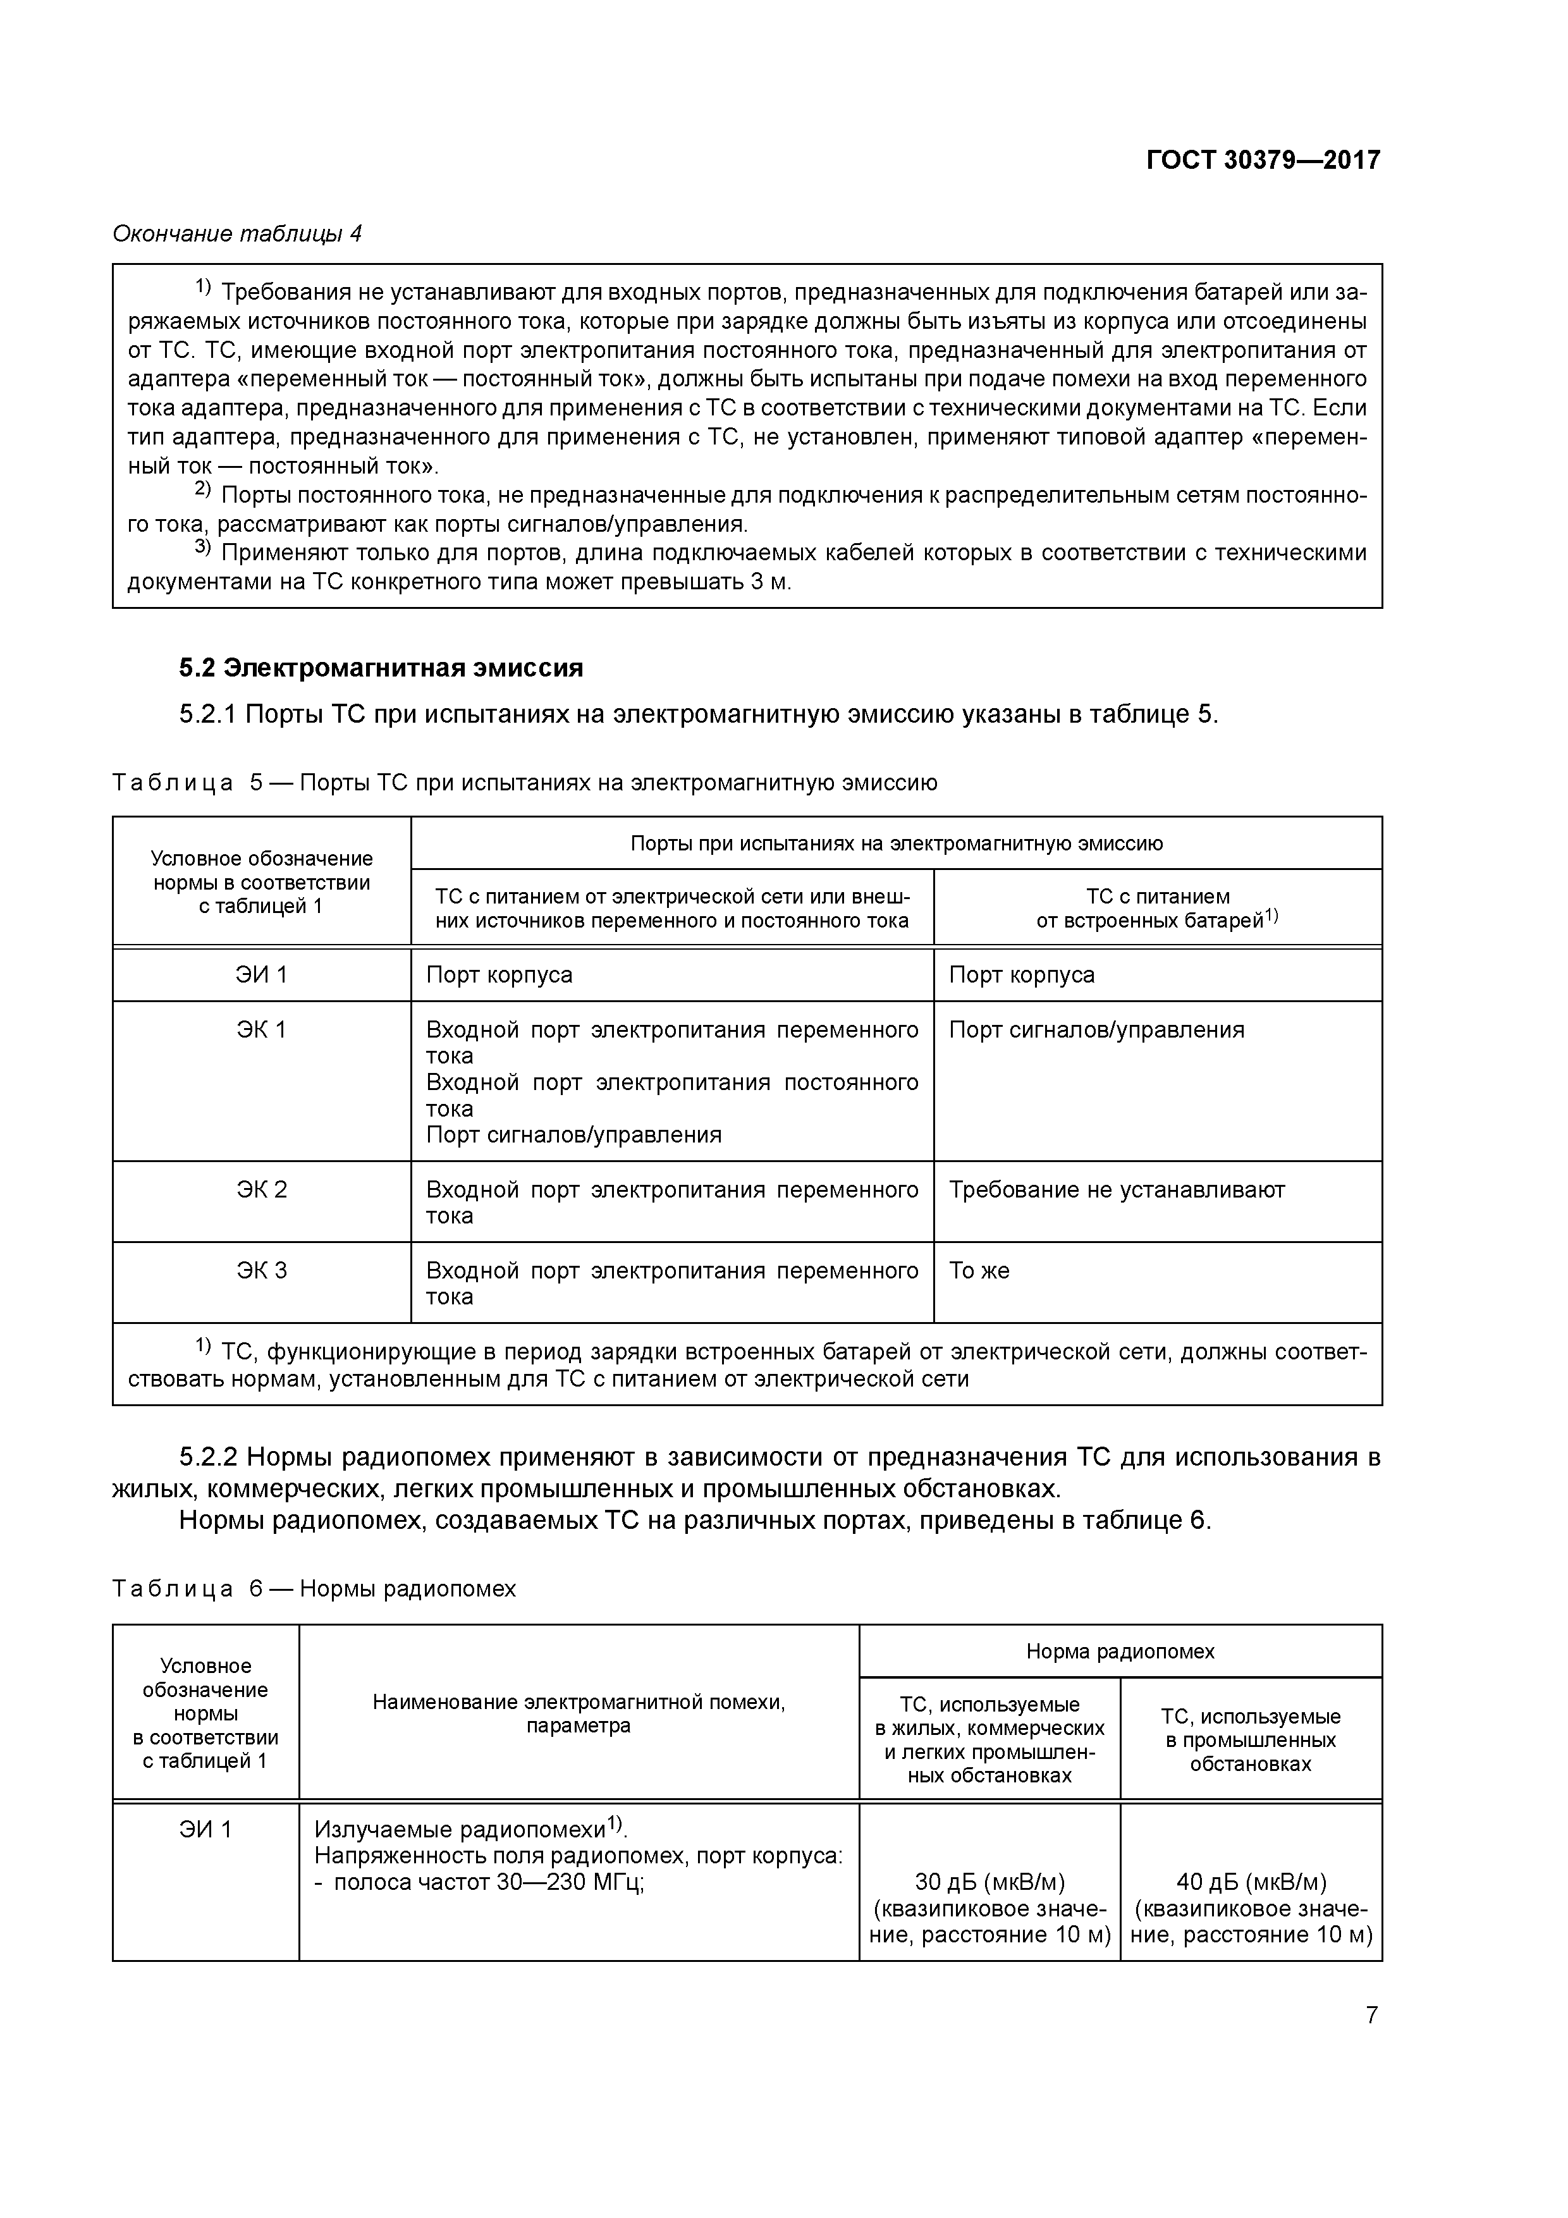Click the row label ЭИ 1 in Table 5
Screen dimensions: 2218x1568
(x=262, y=975)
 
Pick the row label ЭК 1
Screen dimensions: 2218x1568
(x=262, y=1030)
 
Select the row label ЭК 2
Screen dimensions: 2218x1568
(x=262, y=1189)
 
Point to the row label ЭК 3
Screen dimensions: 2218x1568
(x=262, y=1270)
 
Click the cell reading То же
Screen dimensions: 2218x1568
(x=979, y=1270)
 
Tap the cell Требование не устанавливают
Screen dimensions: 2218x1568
(x=1116, y=1189)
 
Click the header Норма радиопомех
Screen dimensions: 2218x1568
(x=1120, y=1651)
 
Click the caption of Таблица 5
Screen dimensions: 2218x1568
(x=525, y=783)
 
